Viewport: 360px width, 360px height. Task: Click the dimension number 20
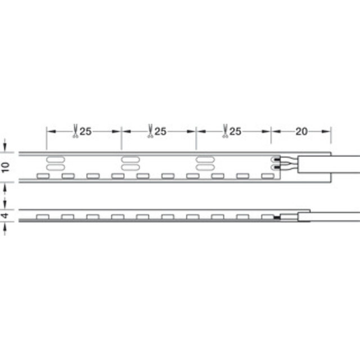tap(301, 132)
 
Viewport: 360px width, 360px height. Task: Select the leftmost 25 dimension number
tap(85, 132)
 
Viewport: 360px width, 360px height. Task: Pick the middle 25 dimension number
tap(160, 132)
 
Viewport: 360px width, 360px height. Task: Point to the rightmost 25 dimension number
tap(236, 132)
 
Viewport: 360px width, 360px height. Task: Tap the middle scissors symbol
tap(149, 130)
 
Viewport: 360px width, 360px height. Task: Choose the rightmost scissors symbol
tap(224, 130)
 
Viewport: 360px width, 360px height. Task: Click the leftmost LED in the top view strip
tap(43, 176)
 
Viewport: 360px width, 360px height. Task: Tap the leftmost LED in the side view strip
tap(43, 217)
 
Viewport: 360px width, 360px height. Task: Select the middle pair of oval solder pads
tap(130, 163)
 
